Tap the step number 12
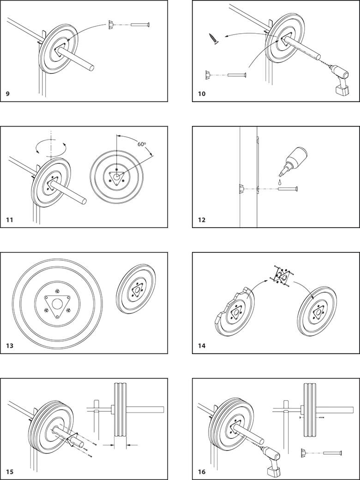pos(201,220)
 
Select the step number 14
pos(201,346)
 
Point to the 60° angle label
pos(142,144)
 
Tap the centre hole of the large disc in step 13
pos(58,305)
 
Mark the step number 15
pos(10,472)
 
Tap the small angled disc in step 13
pos(136,289)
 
